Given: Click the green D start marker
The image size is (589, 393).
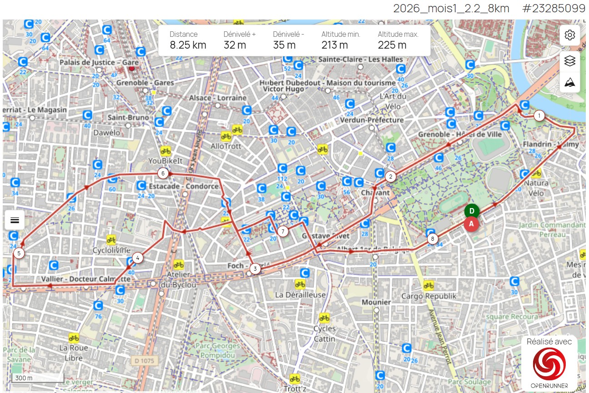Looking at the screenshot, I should click(x=472, y=211).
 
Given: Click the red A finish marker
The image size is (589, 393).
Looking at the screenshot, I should click(x=472, y=224).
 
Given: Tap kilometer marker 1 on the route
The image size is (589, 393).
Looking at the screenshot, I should click(x=539, y=116).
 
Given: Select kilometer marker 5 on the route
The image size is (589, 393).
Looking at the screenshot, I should click(x=19, y=253).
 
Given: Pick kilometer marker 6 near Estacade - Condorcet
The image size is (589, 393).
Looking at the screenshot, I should click(x=163, y=173).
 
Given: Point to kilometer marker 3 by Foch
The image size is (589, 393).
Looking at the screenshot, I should click(x=255, y=269).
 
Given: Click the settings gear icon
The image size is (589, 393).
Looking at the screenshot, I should click(x=570, y=35).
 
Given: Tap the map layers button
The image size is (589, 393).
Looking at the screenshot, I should click(x=570, y=61).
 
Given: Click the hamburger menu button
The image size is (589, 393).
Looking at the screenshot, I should click(x=15, y=220).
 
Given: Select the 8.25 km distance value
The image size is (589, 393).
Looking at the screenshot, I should click(x=188, y=45).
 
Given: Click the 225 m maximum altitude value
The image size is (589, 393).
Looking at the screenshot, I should click(x=392, y=45).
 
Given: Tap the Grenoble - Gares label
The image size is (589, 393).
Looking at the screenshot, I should click(x=145, y=83).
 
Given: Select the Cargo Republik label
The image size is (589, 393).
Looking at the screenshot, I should click(x=428, y=296).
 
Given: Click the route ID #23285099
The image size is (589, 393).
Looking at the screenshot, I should click(x=554, y=8).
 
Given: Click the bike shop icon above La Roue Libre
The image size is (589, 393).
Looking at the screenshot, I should click(x=74, y=338).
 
